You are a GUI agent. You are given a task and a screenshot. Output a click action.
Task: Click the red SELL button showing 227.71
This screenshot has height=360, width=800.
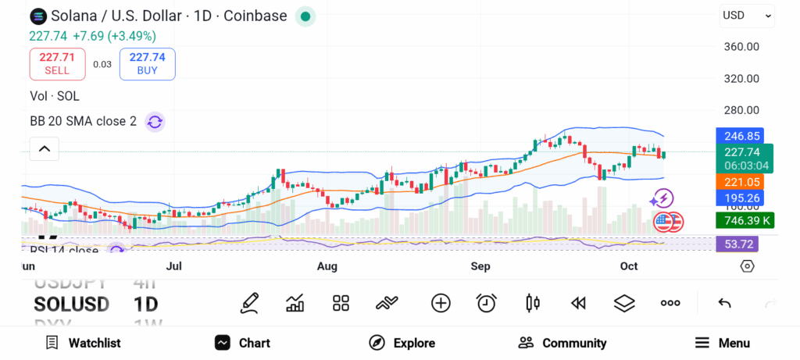coord(57,63)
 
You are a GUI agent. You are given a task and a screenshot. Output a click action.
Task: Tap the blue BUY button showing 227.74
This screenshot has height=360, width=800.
coord(147,63)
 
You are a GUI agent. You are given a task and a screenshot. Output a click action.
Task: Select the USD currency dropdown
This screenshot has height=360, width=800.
coord(747,15)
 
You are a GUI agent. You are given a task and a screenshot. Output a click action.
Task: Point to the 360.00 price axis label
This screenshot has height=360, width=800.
coord(741,47)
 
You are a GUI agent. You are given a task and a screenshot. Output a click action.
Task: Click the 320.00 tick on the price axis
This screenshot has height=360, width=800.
coord(741,79)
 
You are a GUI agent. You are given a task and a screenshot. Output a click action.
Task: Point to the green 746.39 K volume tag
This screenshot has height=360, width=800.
coord(745,221)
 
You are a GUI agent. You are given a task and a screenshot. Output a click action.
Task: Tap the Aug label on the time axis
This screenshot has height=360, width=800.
coord(327,267)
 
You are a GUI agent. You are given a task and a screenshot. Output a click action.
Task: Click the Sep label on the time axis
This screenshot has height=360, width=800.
coord(480,267)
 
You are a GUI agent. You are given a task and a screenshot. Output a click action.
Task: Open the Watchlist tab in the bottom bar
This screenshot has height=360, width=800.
coord(84,343)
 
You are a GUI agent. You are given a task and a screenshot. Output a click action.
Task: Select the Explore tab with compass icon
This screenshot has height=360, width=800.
coord(402,343)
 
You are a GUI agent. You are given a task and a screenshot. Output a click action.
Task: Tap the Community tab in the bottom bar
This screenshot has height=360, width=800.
coord(562,343)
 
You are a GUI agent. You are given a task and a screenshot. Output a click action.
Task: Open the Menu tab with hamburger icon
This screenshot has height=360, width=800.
coord(723,343)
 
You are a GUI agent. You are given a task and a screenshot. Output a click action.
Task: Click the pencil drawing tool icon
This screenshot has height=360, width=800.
coord(250,303)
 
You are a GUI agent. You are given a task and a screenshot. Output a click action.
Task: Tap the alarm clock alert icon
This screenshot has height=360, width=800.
coord(487,303)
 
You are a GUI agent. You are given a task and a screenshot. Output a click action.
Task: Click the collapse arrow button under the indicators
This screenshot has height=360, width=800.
coord(45,148)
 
